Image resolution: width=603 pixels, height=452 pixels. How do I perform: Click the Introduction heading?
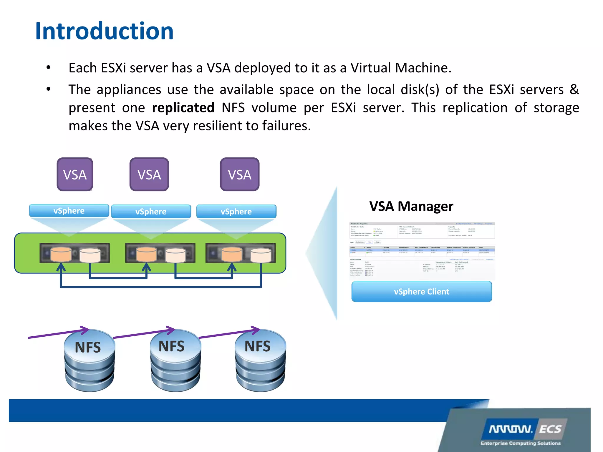pyautogui.click(x=104, y=31)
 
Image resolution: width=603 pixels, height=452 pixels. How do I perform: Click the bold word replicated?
pyautogui.click(x=183, y=108)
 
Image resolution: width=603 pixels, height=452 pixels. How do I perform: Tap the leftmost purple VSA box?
pyautogui.click(x=75, y=175)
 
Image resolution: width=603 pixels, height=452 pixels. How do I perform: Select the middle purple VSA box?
pyautogui.click(x=149, y=175)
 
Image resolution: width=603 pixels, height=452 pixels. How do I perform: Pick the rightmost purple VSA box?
pyautogui.click(x=240, y=175)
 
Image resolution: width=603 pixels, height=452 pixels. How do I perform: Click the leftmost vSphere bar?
pyautogui.click(x=69, y=211)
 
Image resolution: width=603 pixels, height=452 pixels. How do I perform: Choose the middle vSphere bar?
pyautogui.click(x=151, y=212)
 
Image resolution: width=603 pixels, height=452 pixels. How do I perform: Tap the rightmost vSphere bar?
pyautogui.click(x=236, y=212)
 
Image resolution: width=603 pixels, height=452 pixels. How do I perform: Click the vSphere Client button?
pyautogui.click(x=422, y=292)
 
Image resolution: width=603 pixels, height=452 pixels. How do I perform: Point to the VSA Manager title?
pyautogui.click(x=411, y=206)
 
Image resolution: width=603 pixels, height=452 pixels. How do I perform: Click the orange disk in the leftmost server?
pyautogui.click(x=61, y=255)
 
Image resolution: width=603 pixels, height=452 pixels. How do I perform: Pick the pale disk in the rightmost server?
pyautogui.click(x=261, y=255)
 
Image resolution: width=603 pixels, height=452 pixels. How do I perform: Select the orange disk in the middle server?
pyautogui.click(x=146, y=255)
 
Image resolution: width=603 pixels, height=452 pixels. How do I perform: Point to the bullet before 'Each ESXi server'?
pyautogui.click(x=49, y=68)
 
